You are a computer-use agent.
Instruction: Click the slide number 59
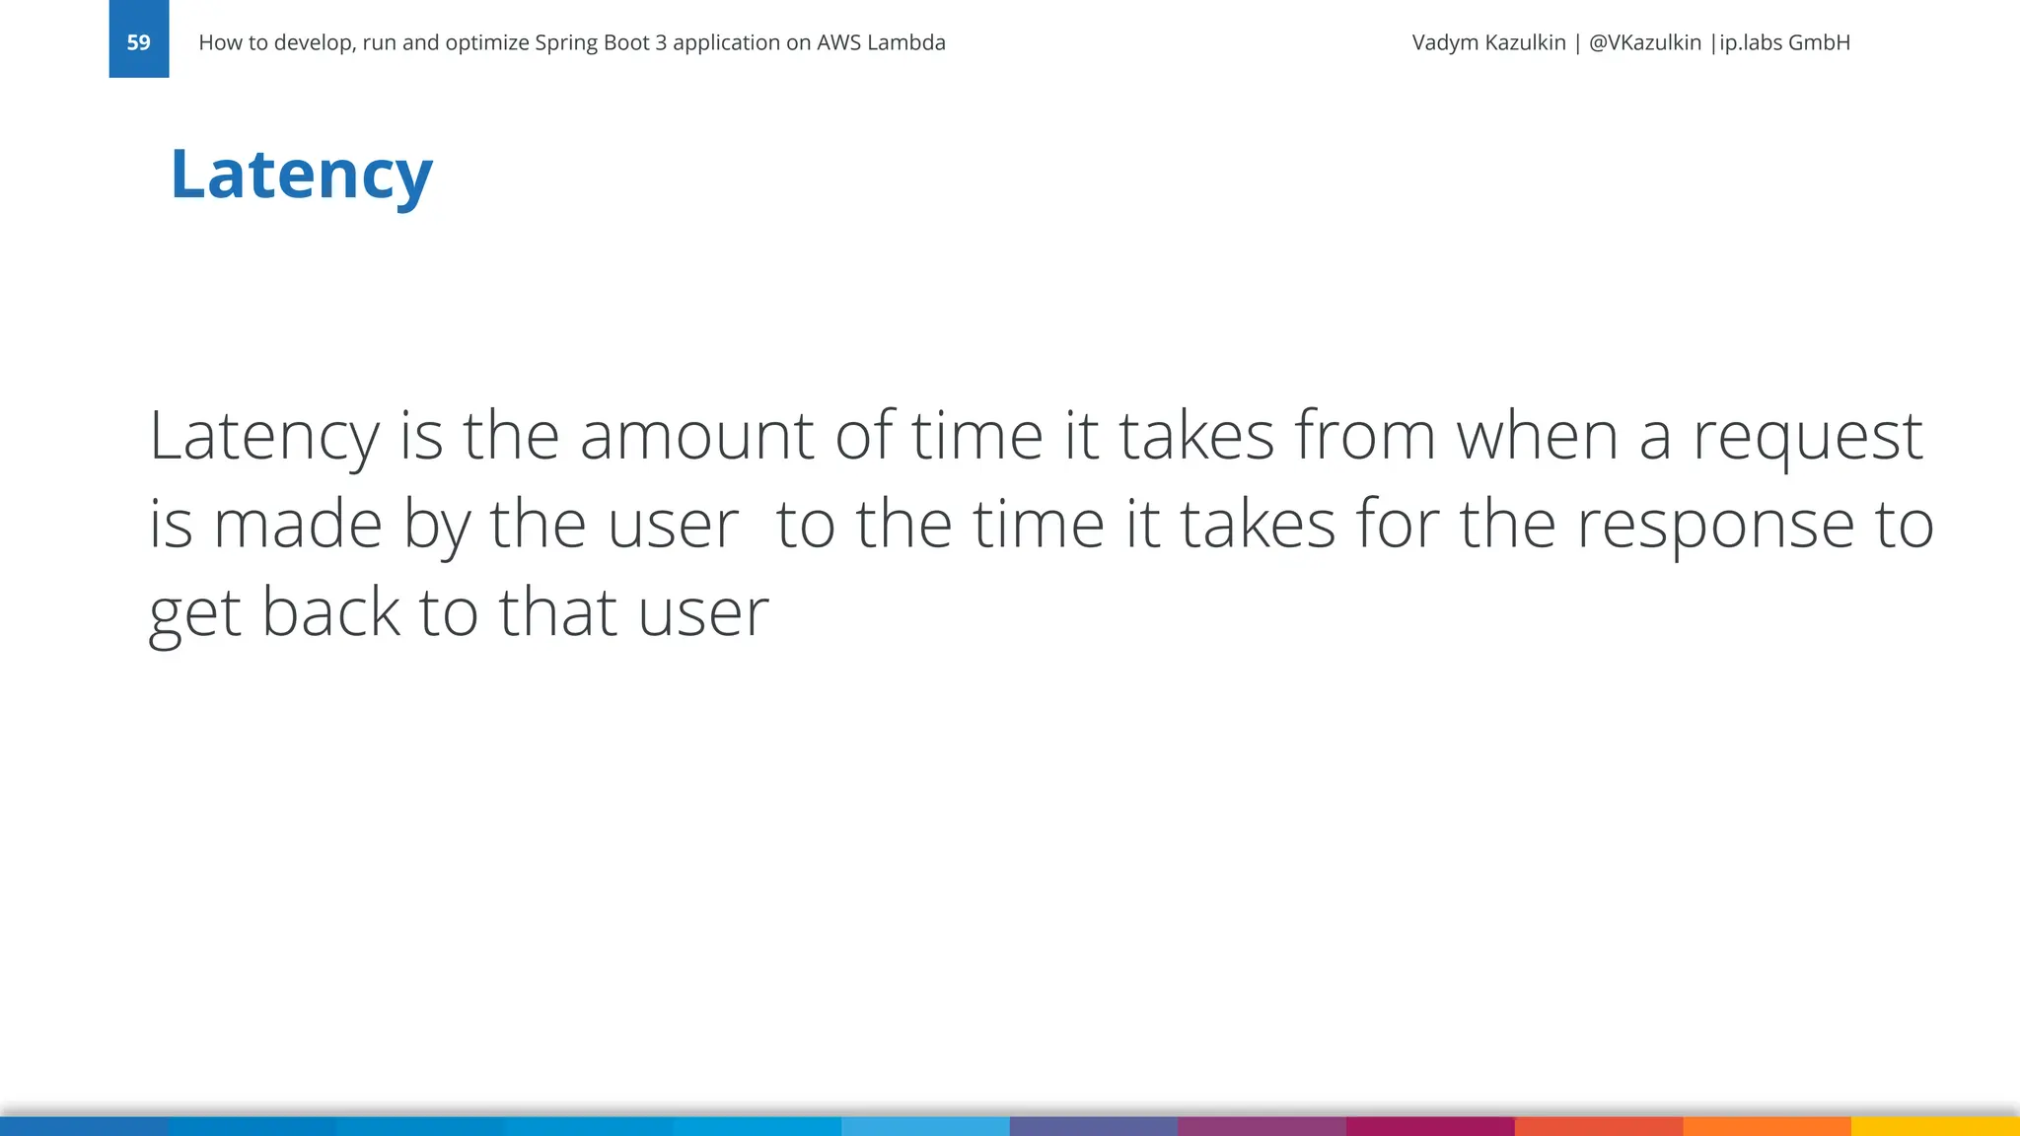138,42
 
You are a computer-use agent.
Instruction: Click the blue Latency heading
301,174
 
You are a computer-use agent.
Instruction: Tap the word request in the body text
1808,437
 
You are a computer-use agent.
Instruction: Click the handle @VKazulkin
1644,42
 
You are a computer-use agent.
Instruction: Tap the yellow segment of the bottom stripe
1935,1125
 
